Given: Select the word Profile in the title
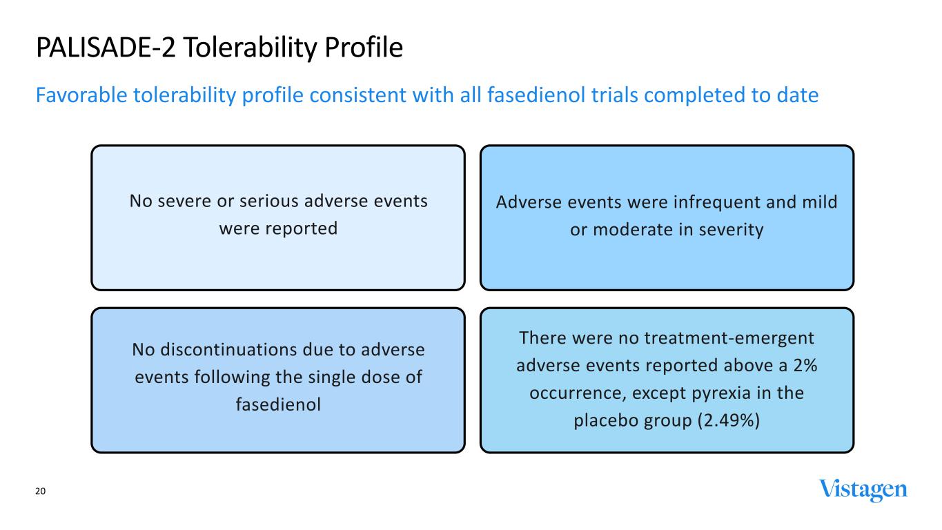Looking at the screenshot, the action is coord(364,48).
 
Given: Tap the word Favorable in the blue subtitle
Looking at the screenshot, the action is coord(81,95).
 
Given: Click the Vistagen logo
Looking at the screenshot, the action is coord(863,490).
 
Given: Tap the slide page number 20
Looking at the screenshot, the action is coord(40,491).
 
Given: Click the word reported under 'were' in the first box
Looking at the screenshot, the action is coord(301,229).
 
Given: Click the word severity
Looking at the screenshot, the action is coord(731,230).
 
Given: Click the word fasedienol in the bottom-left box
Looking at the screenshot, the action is coord(278,404).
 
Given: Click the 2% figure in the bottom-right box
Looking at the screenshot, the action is coord(805,366).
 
